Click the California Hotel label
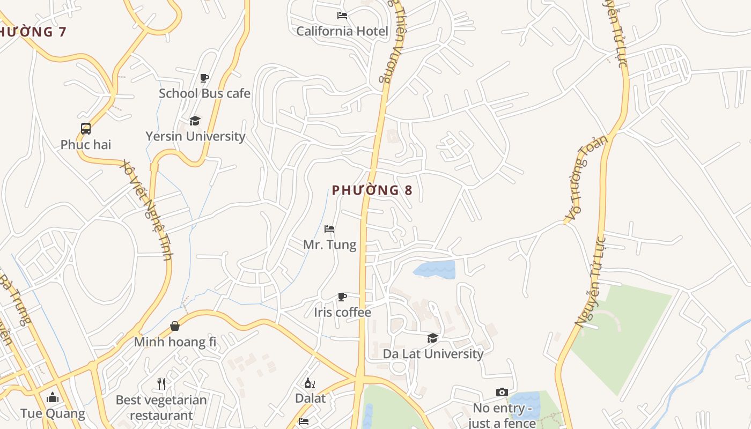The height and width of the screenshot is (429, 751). coord(342,31)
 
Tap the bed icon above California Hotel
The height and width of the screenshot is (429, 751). coord(342,16)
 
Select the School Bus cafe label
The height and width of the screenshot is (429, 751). coord(204,93)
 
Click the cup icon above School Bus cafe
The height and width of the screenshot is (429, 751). coord(204,78)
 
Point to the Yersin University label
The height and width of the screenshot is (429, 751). coord(195,136)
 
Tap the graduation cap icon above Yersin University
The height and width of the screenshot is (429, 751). coord(195,121)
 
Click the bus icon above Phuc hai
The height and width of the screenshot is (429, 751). coord(86,129)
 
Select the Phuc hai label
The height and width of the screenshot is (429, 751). coord(86,144)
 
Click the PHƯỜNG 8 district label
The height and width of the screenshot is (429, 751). coord(372,190)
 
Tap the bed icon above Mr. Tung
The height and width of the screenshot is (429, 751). coord(329,229)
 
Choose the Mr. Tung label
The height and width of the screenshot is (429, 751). coord(329,245)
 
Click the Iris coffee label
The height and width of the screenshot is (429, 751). coord(342,312)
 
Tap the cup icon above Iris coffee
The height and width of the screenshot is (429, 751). coord(342,297)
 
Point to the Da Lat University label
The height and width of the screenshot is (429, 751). coord(433,354)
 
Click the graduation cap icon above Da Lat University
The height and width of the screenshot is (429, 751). coord(432,338)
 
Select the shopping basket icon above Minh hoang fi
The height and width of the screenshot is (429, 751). coord(175,326)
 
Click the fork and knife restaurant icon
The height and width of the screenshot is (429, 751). coord(161,383)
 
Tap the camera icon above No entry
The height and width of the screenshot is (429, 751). coord(502,393)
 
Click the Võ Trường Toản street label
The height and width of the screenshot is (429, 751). coord(587,178)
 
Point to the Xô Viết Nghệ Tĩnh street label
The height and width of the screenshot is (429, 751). coord(146,209)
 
